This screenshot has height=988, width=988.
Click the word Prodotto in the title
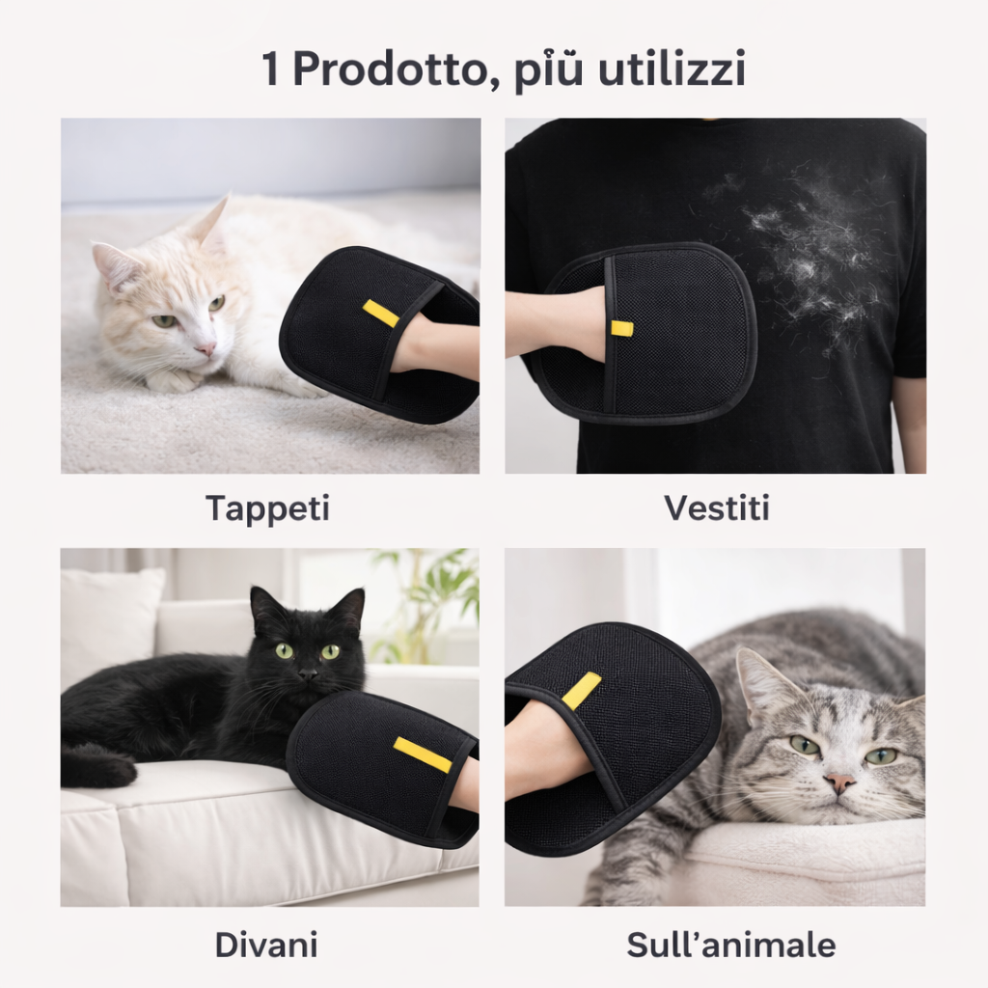click(x=388, y=69)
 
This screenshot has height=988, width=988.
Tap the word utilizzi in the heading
click(x=672, y=69)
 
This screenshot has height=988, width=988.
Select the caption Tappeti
click(x=268, y=508)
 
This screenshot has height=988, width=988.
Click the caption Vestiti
click(x=717, y=508)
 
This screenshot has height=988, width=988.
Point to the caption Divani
click(x=266, y=945)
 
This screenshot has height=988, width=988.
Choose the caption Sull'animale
click(x=731, y=945)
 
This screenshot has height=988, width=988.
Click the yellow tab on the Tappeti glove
click(x=380, y=314)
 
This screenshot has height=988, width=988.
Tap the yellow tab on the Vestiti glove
click(x=621, y=328)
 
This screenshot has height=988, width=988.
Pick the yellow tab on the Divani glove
click(x=423, y=755)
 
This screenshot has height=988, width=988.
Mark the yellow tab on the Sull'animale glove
click(x=581, y=690)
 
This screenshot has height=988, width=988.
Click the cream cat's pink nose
click(x=206, y=348)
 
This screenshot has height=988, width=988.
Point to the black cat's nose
click(x=308, y=674)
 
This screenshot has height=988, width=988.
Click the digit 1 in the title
click(x=270, y=69)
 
